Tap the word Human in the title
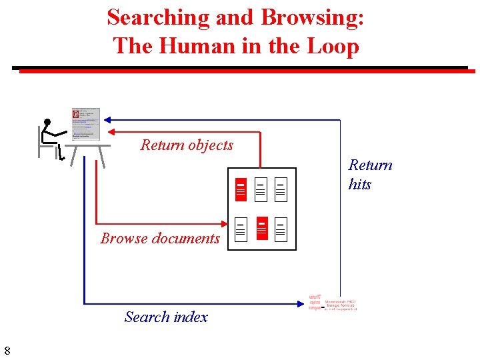(199, 46)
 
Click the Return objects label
(187, 145)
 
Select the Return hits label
(370, 174)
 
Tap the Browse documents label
(160, 238)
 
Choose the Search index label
(166, 317)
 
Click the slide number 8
(7, 351)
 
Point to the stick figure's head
(47, 123)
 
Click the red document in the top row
(241, 189)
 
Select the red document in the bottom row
(262, 229)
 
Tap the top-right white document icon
(281, 189)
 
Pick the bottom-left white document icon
(241, 229)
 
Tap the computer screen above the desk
(85, 124)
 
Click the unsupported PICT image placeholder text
(340, 305)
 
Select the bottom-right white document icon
(281, 229)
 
